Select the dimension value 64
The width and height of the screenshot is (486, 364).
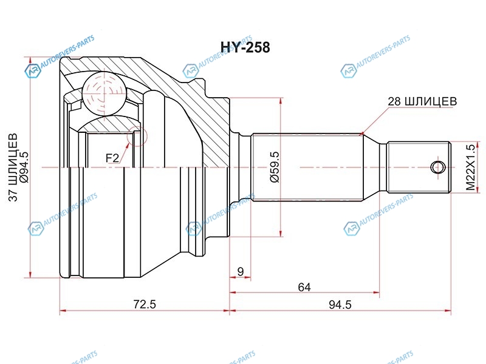click(x=304, y=287)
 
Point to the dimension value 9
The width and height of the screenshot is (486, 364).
click(x=241, y=272)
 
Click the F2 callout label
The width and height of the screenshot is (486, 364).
click(x=112, y=158)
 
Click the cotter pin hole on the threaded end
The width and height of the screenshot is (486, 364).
click(x=436, y=167)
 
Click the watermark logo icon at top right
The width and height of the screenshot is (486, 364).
click(x=349, y=71)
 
